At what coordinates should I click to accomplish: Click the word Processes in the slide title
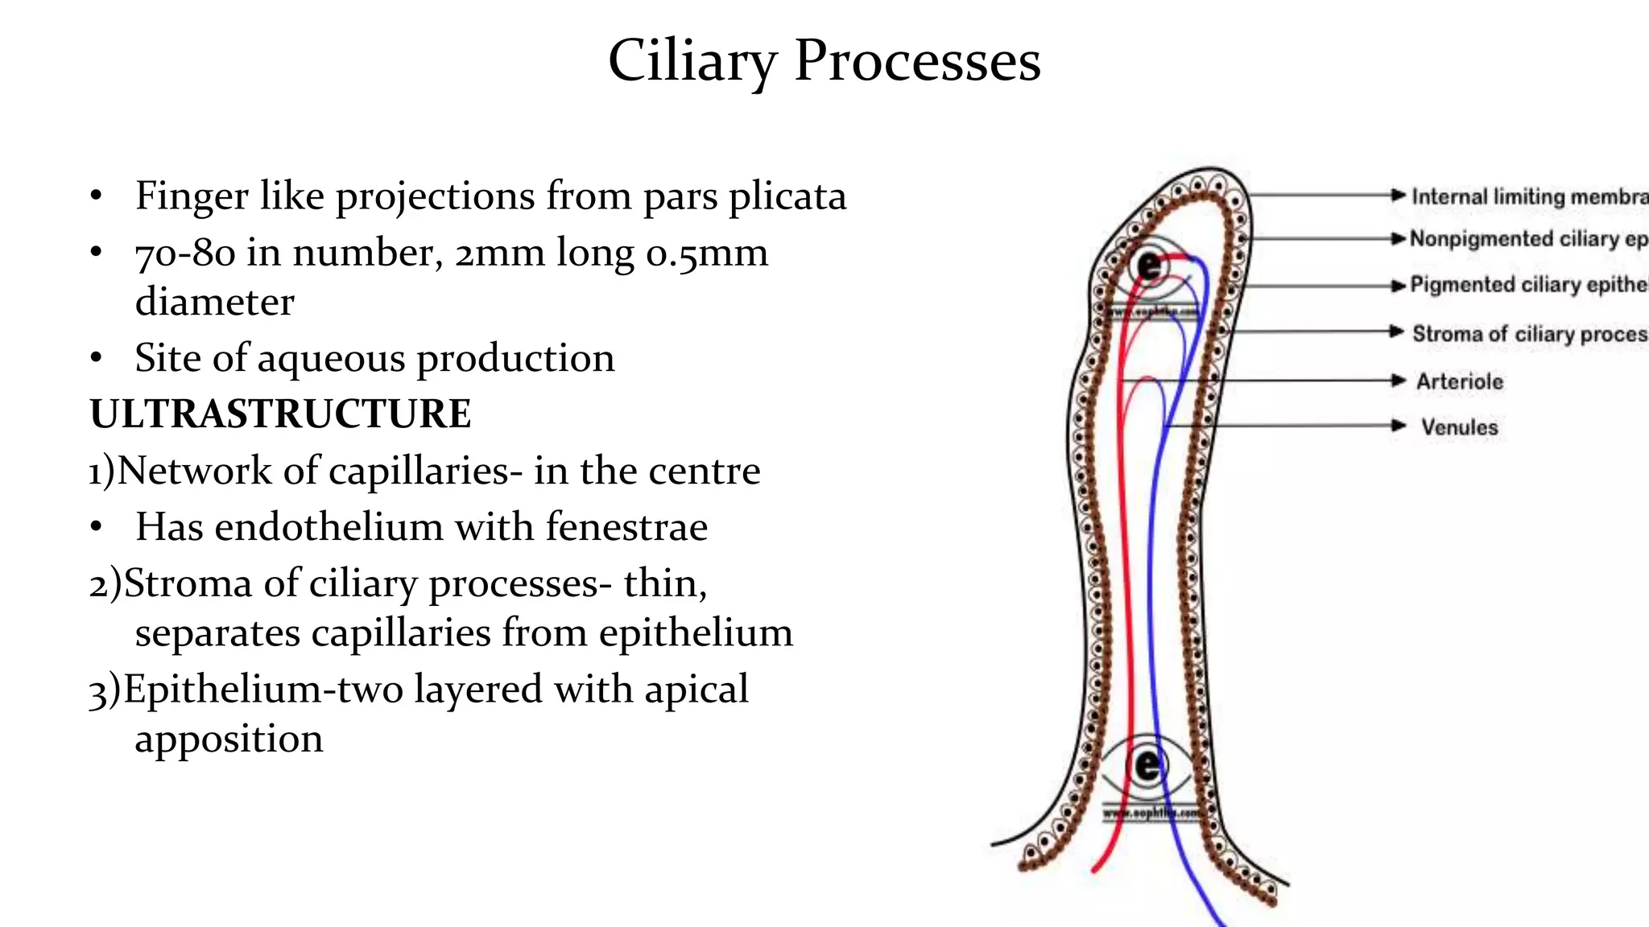click(x=917, y=62)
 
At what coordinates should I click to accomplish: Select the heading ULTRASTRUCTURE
click(x=280, y=414)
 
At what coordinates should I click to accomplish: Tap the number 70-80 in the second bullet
click(x=185, y=253)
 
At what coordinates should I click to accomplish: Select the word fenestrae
click(x=626, y=528)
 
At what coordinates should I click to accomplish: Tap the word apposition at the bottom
click(x=229, y=739)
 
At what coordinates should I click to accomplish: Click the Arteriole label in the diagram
click(x=1459, y=381)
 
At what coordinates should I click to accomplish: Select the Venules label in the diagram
click(x=1459, y=427)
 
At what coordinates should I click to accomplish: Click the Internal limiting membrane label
click(x=1528, y=196)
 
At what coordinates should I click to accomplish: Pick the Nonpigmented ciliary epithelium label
click(x=1528, y=239)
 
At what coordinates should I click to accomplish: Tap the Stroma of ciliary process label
click(x=1528, y=334)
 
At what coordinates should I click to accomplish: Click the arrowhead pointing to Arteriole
click(x=1399, y=381)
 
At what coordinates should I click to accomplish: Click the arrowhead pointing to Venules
click(x=1399, y=426)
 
